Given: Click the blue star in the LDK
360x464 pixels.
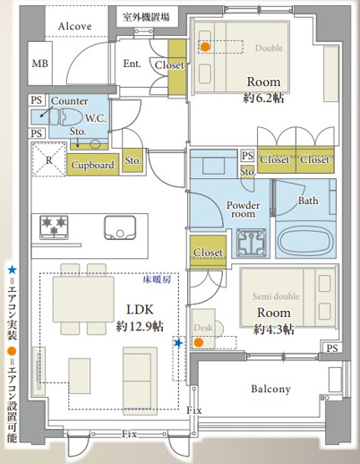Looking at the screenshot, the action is click(178, 343).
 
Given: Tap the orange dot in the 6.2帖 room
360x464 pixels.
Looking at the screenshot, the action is click(205, 47).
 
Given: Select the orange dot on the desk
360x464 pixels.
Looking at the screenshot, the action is click(199, 343).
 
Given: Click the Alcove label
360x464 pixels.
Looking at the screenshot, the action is click(75, 27).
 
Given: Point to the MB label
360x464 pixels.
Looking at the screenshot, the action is click(40, 64).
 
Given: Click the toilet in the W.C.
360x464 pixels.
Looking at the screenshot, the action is click(65, 117).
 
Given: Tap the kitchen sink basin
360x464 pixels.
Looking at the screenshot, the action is click(120, 227).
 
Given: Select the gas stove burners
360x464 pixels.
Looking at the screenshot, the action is click(54, 227).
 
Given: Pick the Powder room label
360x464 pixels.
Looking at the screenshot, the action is click(243, 209).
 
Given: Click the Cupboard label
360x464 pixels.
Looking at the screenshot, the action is click(93, 165).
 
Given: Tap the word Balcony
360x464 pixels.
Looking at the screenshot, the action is click(271, 389).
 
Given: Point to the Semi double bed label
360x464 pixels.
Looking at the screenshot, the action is click(276, 296).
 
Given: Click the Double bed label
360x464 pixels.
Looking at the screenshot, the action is click(269, 48).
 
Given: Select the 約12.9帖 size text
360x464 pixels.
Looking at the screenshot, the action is click(139, 327).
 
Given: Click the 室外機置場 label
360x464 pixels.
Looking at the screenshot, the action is click(146, 18).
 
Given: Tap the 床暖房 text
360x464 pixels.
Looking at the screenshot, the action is click(157, 279).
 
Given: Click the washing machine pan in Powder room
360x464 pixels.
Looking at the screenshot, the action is click(251, 243).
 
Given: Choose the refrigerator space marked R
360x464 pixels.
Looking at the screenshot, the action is click(49, 160).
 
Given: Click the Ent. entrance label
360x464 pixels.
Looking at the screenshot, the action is click(132, 64).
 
